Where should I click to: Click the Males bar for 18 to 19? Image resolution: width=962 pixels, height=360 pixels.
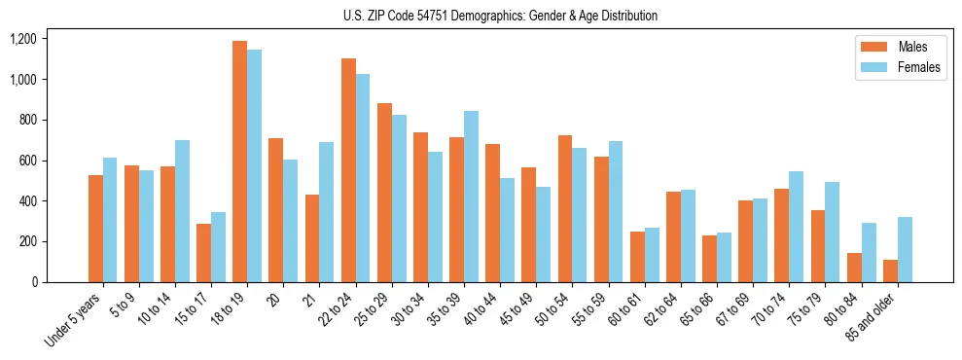[x=239, y=162]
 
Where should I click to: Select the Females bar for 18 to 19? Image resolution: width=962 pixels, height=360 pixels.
[x=254, y=165]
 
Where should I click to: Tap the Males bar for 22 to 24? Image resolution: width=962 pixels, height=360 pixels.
[x=348, y=170]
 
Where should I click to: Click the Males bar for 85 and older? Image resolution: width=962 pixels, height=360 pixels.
[x=890, y=270]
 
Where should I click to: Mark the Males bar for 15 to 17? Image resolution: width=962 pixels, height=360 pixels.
[x=203, y=253]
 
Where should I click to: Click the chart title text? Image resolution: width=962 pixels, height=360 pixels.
[x=500, y=16]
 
